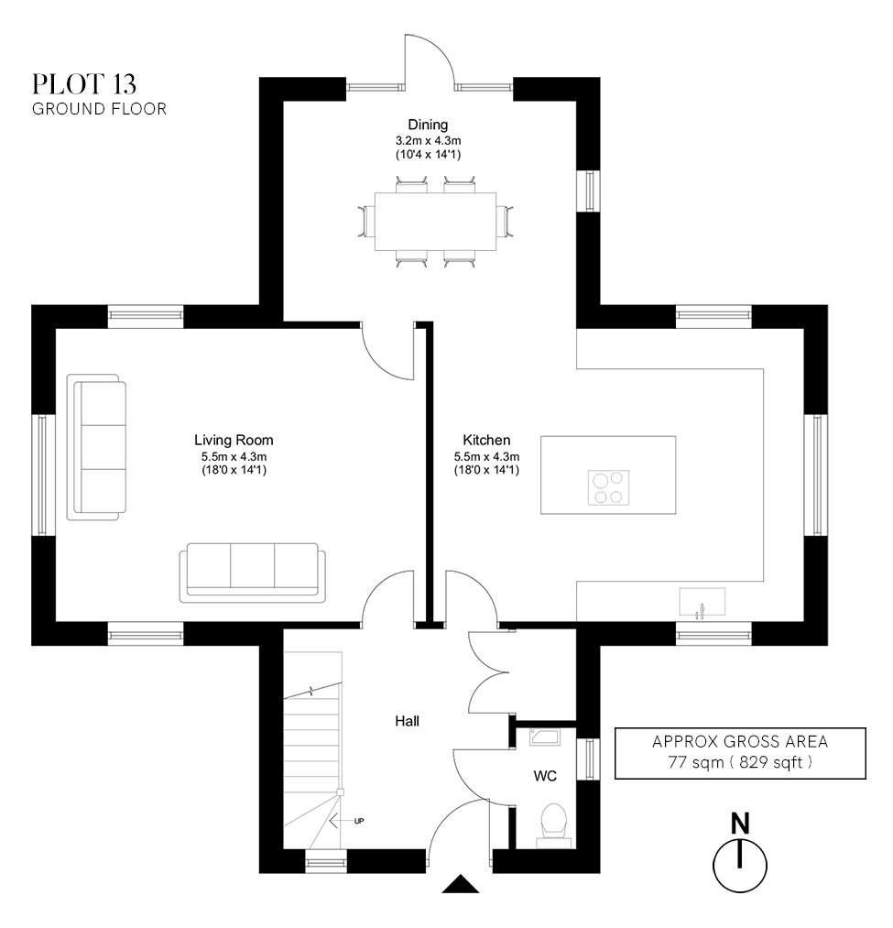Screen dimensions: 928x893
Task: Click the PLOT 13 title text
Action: point(84,84)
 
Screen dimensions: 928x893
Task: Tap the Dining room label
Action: point(428,126)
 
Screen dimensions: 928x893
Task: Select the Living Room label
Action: point(234,440)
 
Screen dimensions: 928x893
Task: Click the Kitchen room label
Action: point(486,440)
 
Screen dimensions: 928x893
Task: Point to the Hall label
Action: point(407,722)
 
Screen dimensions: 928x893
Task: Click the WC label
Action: point(545,776)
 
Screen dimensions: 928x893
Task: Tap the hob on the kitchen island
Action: point(609,486)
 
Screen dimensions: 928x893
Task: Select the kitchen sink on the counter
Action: point(702,603)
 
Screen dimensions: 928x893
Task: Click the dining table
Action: point(435,222)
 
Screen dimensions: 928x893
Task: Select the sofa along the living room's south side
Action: point(252,571)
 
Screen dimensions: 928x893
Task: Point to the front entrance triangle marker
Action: point(461,884)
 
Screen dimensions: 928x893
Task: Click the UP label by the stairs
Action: point(359,821)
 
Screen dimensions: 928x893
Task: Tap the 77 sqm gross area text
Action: point(738,762)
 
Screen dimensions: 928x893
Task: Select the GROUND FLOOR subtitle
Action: point(99,109)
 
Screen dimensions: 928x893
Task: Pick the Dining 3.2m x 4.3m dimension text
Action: point(428,141)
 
